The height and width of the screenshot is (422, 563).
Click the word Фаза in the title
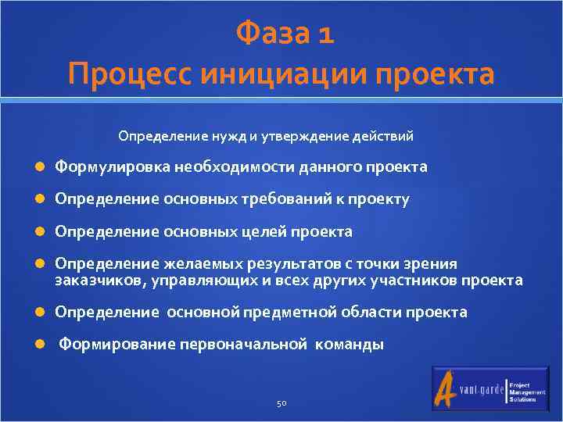tap(270, 34)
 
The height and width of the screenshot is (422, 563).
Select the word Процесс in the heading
tap(128, 75)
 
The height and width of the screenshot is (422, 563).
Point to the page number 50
tap(281, 403)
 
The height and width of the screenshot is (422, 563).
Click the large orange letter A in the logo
tap(448, 389)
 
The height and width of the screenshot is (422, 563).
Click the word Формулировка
tap(113, 167)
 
